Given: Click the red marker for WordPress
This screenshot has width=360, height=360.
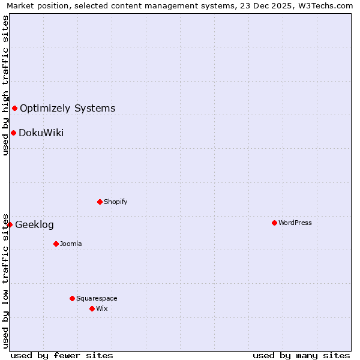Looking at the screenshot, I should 274,223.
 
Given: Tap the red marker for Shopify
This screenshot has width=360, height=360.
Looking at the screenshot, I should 100,202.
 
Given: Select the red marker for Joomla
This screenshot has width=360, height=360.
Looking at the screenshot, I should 56,244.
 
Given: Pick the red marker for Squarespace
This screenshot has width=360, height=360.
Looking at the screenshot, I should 72,298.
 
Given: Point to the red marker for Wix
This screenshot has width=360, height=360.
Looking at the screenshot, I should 92,308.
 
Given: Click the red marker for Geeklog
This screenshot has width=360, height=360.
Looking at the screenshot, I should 10,224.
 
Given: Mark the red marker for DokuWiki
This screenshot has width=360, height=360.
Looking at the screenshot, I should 13,133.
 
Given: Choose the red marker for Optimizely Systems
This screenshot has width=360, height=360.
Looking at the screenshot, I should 14,108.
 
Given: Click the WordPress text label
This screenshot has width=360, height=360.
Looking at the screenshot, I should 295,223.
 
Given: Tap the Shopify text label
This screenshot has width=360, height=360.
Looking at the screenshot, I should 116,202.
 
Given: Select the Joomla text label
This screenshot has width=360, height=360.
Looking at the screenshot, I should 71,244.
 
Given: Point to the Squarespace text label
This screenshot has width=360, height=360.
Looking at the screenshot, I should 97,298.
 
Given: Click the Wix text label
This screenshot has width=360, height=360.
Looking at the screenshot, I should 101,308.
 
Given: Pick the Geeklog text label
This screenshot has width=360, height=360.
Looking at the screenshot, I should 34,225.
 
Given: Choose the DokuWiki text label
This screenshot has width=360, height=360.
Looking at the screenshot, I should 41,133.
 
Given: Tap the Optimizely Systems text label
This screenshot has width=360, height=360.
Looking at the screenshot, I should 68,109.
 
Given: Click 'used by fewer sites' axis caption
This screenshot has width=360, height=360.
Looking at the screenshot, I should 62,355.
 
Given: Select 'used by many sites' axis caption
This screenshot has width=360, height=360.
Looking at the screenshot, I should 301,355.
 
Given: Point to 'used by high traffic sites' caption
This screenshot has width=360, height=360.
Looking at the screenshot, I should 5,85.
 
